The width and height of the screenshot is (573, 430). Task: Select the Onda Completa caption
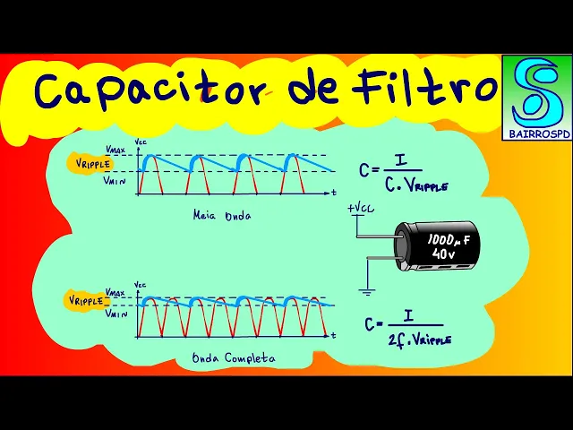tap(234, 357)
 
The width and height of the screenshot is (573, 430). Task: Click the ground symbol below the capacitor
tap(365, 291)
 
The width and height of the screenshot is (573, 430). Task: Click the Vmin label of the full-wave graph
tap(115, 314)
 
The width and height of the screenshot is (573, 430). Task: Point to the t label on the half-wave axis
tap(334, 193)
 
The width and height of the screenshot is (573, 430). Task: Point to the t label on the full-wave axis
tap(333, 335)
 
